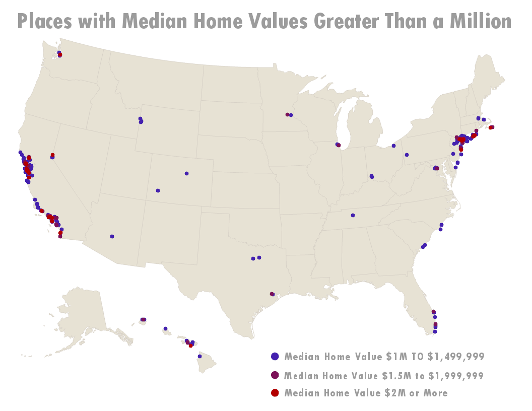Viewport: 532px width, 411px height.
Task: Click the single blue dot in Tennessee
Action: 353,215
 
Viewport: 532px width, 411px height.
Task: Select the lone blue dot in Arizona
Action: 112,236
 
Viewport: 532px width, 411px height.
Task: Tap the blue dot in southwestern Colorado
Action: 158,190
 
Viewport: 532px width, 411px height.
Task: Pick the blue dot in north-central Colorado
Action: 186,173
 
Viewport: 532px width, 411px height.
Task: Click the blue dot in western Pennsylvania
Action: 407,155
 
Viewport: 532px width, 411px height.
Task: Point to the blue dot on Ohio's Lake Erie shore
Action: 393,146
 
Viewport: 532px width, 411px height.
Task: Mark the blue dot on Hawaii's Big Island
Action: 199,356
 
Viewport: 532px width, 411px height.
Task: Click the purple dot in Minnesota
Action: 287,114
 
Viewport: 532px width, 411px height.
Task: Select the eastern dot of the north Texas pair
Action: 259,257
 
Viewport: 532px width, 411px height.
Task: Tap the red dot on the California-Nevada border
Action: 52,155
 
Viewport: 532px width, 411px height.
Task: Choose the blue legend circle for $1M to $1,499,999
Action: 275,357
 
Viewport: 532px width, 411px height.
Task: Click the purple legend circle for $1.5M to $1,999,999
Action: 275,375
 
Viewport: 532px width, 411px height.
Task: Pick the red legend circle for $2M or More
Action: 275,392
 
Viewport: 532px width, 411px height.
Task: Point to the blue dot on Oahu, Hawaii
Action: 165,328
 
